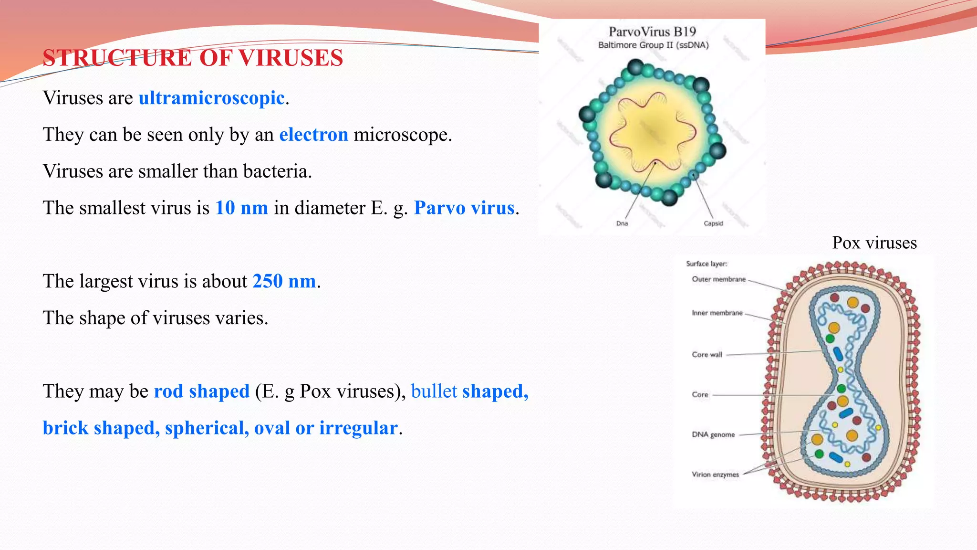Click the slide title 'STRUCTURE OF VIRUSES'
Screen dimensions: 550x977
(193, 58)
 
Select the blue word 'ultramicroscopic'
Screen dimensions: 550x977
(211, 98)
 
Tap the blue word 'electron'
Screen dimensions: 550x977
(313, 135)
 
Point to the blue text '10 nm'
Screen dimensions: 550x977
(241, 208)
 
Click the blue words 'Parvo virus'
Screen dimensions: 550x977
(464, 208)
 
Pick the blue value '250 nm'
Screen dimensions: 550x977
(284, 281)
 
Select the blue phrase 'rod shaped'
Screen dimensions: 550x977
(201, 391)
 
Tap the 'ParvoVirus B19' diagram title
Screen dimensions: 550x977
(652, 32)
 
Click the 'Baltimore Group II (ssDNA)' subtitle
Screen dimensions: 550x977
(653, 45)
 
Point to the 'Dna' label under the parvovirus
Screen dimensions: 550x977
(622, 223)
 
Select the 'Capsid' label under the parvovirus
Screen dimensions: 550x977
(713, 223)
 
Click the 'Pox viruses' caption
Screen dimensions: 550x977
(874, 243)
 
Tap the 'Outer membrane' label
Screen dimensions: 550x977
(718, 279)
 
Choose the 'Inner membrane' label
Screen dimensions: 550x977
(717, 313)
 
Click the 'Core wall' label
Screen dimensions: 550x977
(707, 355)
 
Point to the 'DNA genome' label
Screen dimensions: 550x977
(713, 434)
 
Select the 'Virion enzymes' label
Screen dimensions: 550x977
(715, 475)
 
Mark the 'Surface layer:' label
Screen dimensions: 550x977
(707, 264)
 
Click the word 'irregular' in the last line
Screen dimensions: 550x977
(358, 428)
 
